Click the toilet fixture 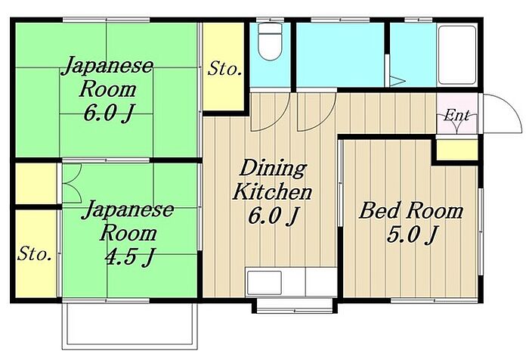click(270, 42)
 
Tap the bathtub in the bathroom click(457, 54)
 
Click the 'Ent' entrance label click(456, 116)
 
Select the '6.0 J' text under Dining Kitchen click(274, 216)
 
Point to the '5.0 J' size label click(413, 234)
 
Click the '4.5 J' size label click(129, 256)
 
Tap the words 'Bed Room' click(411, 210)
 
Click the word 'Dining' click(273, 169)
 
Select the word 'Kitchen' click(272, 191)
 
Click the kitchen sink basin click(264, 282)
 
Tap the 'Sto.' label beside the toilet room click(224, 69)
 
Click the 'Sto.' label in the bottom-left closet click(35, 253)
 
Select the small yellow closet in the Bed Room click(456, 149)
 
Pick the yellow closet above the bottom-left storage click(36, 184)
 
